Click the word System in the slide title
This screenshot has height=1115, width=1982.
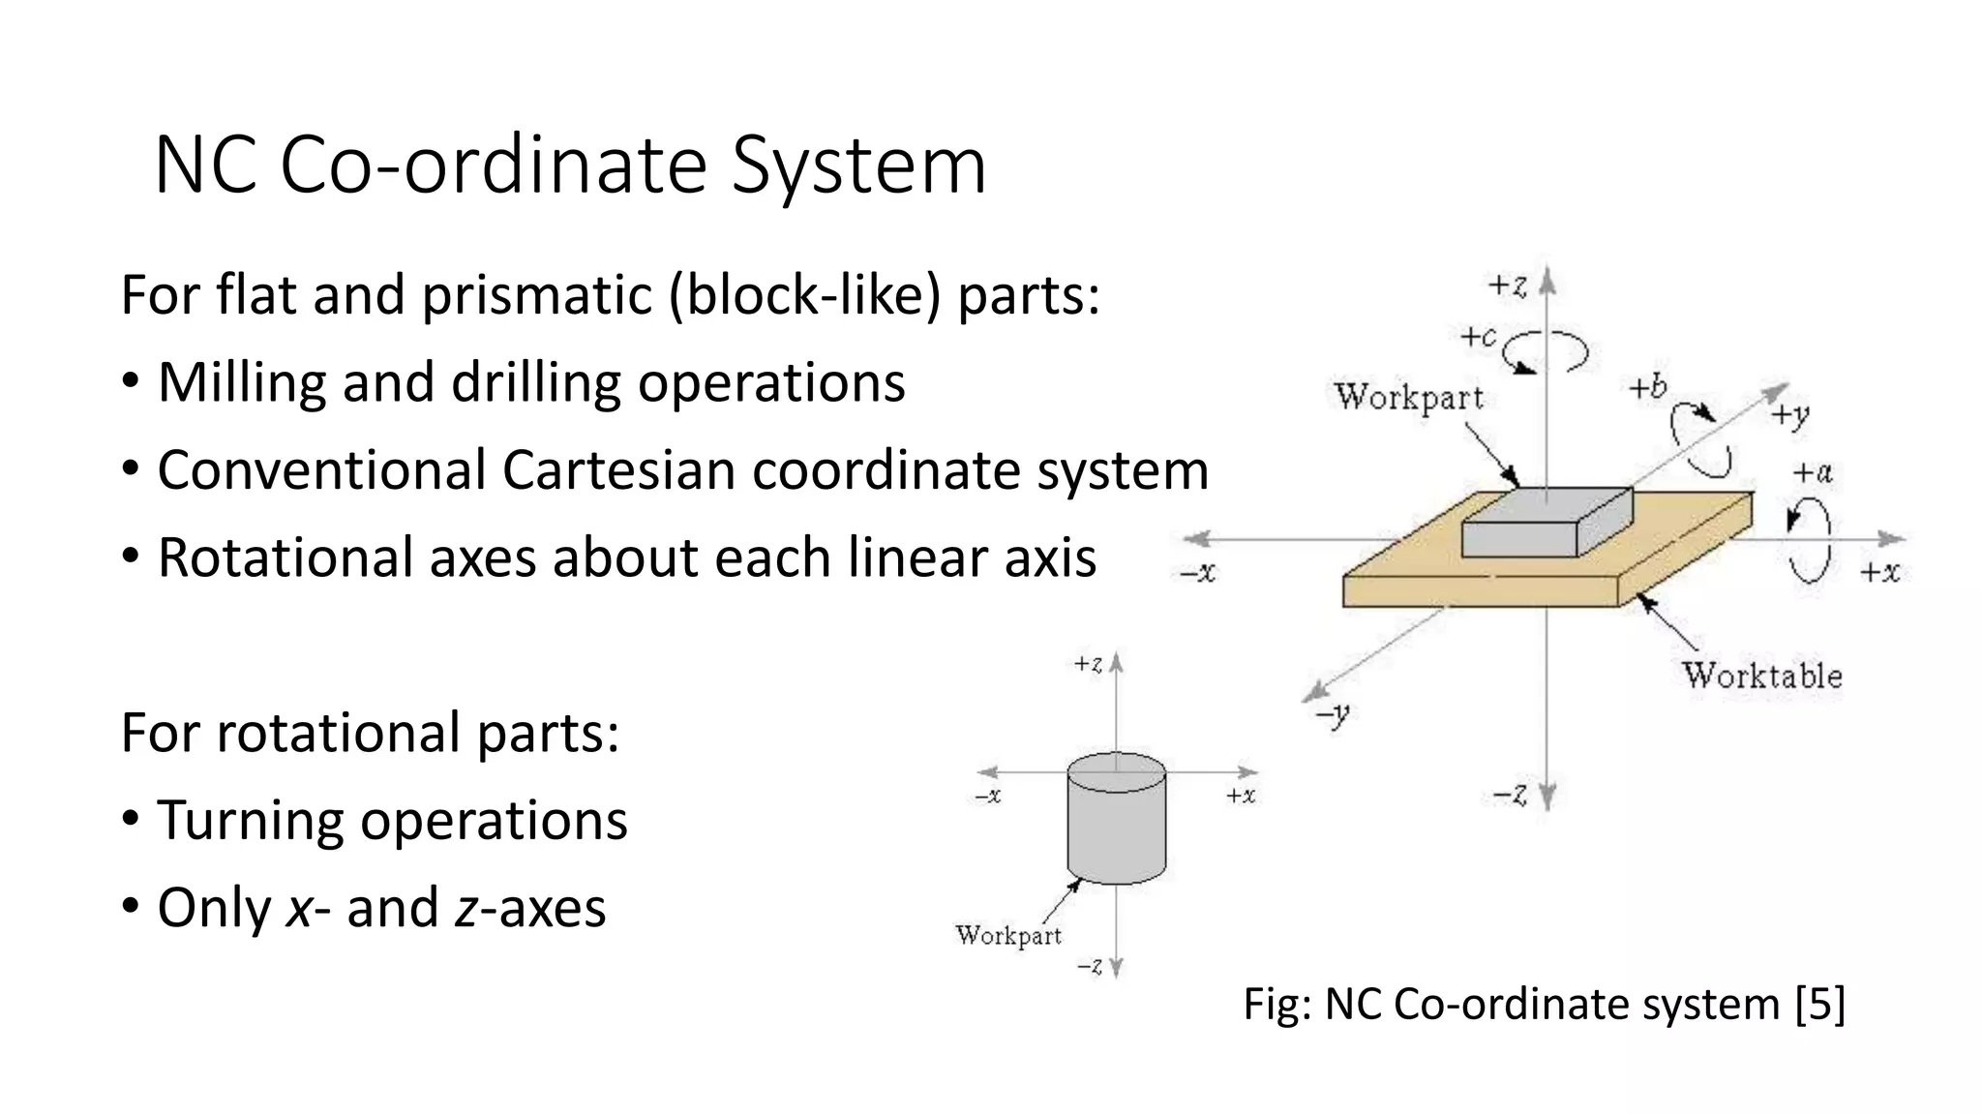[858, 166]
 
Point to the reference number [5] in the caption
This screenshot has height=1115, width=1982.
[1819, 1004]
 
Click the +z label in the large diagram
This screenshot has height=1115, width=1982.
[1507, 286]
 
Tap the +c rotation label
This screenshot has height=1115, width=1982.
[1478, 337]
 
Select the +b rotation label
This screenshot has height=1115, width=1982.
[1647, 388]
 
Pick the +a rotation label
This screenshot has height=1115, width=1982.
[1812, 473]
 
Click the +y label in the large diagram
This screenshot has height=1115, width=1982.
[1789, 416]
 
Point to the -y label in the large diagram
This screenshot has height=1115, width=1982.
[1333, 716]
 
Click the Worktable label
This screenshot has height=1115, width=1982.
[1761, 676]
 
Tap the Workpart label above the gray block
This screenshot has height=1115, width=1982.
[1409, 398]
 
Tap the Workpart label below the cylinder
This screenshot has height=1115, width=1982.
[1007, 935]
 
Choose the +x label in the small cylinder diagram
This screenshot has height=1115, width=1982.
[1240, 796]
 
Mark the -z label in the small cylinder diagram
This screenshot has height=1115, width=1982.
[1089, 966]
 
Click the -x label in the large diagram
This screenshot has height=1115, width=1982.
[1197, 573]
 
